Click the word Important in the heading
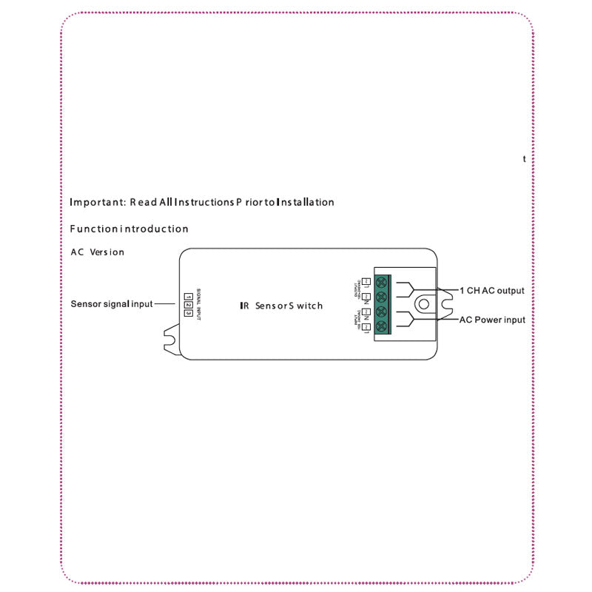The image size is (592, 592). (96, 202)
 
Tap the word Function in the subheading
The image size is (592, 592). (93, 229)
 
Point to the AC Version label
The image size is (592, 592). (98, 252)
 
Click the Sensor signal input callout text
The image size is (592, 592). (112, 303)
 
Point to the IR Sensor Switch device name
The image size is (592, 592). (281, 306)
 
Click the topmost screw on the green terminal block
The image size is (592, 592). (383, 282)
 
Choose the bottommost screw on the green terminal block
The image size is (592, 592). (383, 326)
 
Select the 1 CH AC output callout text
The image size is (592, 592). (492, 291)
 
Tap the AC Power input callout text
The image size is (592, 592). (492, 320)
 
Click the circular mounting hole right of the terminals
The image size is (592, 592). (425, 304)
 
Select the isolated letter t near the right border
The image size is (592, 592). (525, 159)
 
